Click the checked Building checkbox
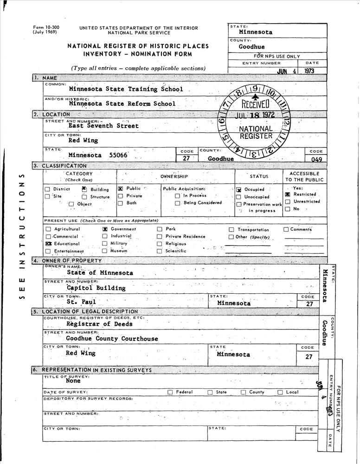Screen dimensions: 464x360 [84, 189]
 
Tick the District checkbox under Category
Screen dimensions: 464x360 [48, 189]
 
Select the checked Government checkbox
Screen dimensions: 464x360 [105, 229]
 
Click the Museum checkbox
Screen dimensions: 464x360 [105, 251]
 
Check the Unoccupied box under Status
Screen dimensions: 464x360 [238, 197]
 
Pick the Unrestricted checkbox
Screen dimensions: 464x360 [288, 202]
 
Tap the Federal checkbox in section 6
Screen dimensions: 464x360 [170, 392]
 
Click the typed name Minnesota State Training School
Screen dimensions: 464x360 [126, 89]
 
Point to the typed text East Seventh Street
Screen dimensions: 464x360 [103, 125]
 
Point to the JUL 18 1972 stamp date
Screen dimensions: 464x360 [255, 115]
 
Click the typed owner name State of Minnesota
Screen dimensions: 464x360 [100, 273]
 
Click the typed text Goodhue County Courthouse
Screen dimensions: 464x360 [112, 339]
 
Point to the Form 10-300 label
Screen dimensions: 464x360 [43, 28]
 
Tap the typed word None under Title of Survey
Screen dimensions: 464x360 [73, 381]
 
